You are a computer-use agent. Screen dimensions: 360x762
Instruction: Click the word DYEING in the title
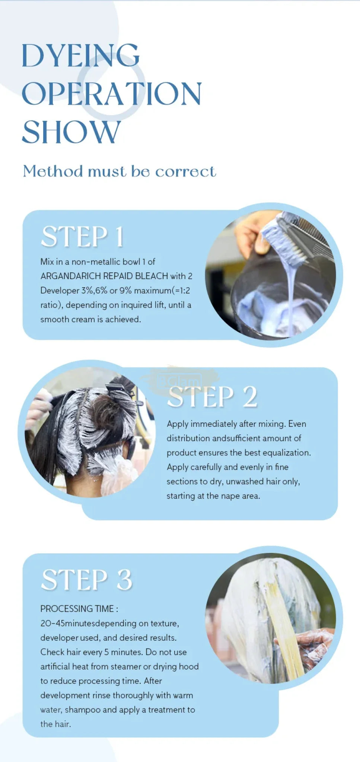(81, 55)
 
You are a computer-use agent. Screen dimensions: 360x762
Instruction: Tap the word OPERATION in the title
(112, 93)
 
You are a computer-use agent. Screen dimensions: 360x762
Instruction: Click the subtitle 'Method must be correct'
(119, 172)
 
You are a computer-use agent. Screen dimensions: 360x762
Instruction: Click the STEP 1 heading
(82, 237)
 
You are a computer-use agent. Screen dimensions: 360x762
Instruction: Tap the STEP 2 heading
(212, 397)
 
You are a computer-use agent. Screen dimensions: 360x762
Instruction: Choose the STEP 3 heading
(87, 580)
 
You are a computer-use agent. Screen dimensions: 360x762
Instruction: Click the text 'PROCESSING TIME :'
(79, 609)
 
